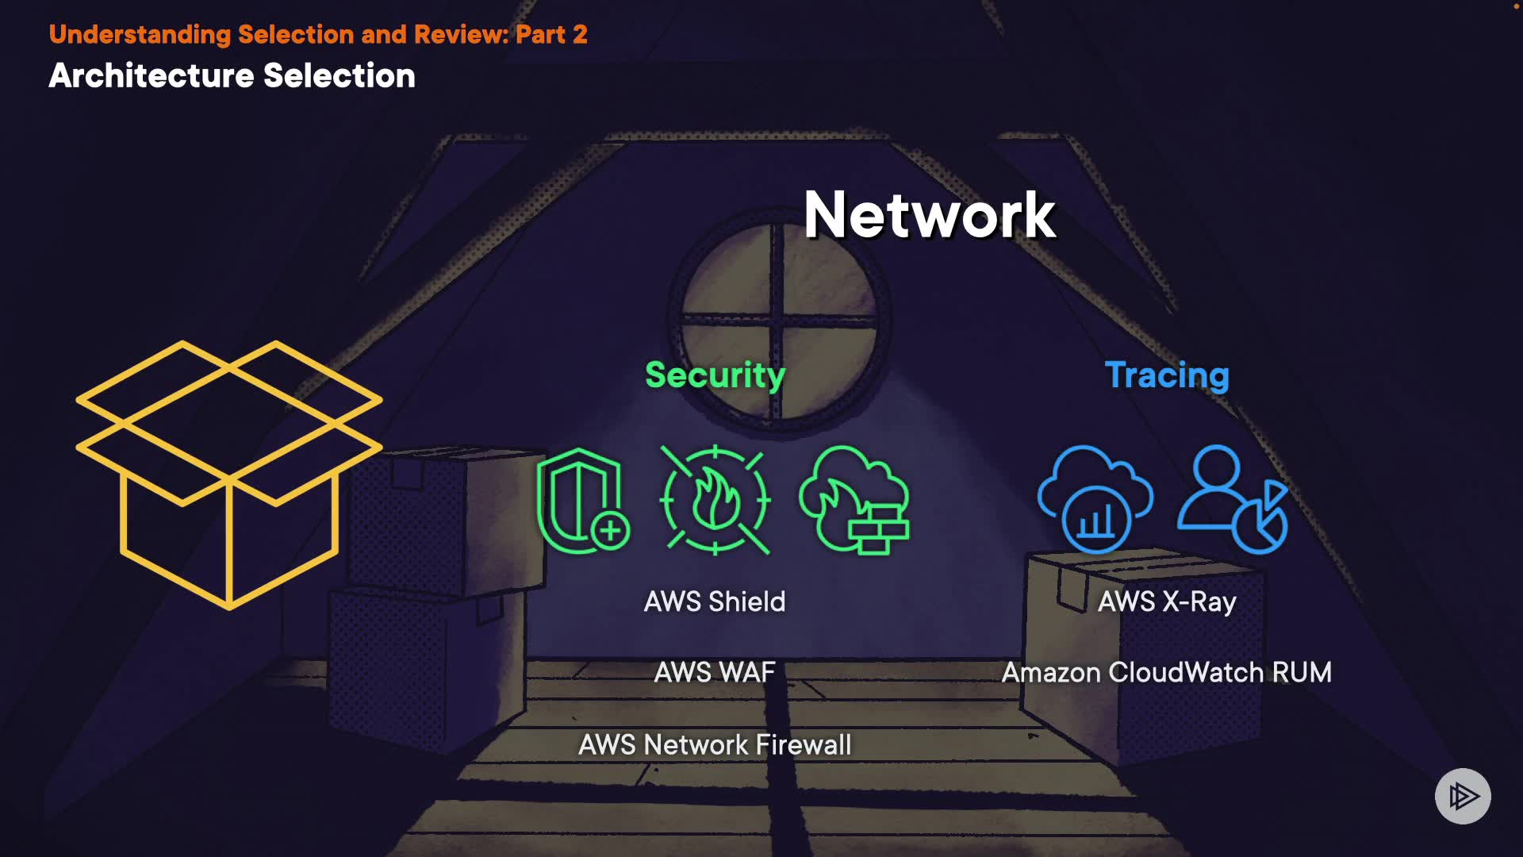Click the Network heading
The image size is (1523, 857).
point(929,215)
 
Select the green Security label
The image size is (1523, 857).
point(715,375)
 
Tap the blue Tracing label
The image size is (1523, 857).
point(1167,375)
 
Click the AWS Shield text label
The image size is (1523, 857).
point(715,601)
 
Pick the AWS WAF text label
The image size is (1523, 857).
point(715,672)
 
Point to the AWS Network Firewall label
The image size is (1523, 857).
point(715,744)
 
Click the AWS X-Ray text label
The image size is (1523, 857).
point(1167,601)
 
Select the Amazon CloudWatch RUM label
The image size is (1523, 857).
point(1167,672)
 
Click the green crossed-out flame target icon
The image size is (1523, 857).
point(715,500)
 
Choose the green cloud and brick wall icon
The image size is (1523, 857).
point(854,500)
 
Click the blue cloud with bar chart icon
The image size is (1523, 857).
point(1095,500)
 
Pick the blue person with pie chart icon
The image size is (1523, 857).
point(1232,500)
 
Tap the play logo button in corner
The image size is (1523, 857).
point(1463,796)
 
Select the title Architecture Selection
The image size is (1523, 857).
point(232,76)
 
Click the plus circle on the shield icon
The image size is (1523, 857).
point(610,531)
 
